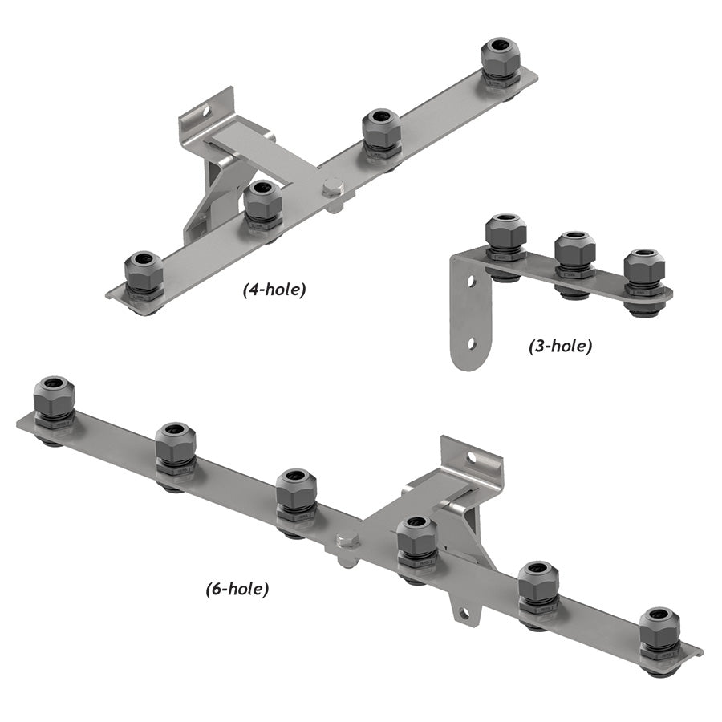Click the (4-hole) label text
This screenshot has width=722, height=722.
274,290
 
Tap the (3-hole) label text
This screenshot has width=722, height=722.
560,347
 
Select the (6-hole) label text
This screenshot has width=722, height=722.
237,589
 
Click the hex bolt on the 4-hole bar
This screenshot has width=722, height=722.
332,190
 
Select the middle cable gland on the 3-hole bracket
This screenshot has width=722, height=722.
574,256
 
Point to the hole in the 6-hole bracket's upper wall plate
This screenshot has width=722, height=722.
472,459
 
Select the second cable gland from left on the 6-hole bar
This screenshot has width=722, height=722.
175,448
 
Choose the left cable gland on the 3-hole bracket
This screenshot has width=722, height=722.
505,238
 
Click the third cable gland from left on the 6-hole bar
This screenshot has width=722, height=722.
296,494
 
